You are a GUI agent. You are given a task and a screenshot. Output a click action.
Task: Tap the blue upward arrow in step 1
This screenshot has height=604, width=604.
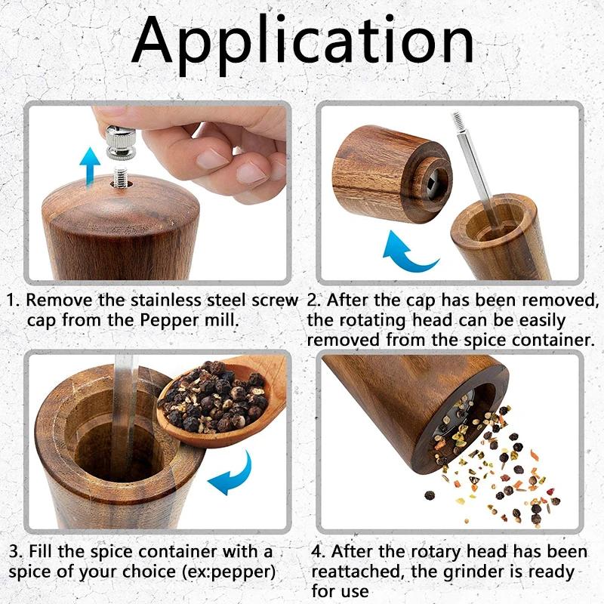[x=90, y=165]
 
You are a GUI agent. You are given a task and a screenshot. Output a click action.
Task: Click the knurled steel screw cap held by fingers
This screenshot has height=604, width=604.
[x=120, y=143]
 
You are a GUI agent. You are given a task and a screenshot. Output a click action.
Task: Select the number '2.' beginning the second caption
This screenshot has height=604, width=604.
[x=316, y=300]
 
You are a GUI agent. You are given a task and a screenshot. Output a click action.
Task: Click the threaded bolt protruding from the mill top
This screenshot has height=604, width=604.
[x=121, y=178]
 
